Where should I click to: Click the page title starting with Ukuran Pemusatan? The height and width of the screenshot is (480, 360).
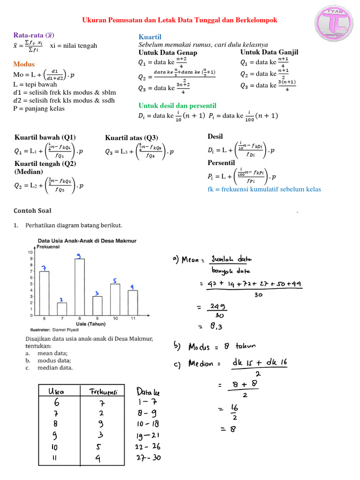pos(180,20)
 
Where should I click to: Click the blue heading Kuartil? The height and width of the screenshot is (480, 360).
pos(150,37)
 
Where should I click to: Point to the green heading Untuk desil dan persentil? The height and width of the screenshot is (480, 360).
pos(177,105)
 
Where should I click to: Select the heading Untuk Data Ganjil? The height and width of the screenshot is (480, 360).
pos(269,52)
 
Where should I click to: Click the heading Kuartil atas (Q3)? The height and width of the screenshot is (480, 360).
pos(132,137)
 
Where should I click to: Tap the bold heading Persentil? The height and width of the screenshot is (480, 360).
pos(221,163)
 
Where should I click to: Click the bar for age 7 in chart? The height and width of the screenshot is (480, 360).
pos(62,308)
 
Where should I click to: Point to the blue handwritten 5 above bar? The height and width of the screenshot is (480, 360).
pos(114,280)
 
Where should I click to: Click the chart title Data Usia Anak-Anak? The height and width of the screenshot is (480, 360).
pos(87,240)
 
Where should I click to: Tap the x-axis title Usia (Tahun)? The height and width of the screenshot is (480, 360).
pos(90,323)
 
